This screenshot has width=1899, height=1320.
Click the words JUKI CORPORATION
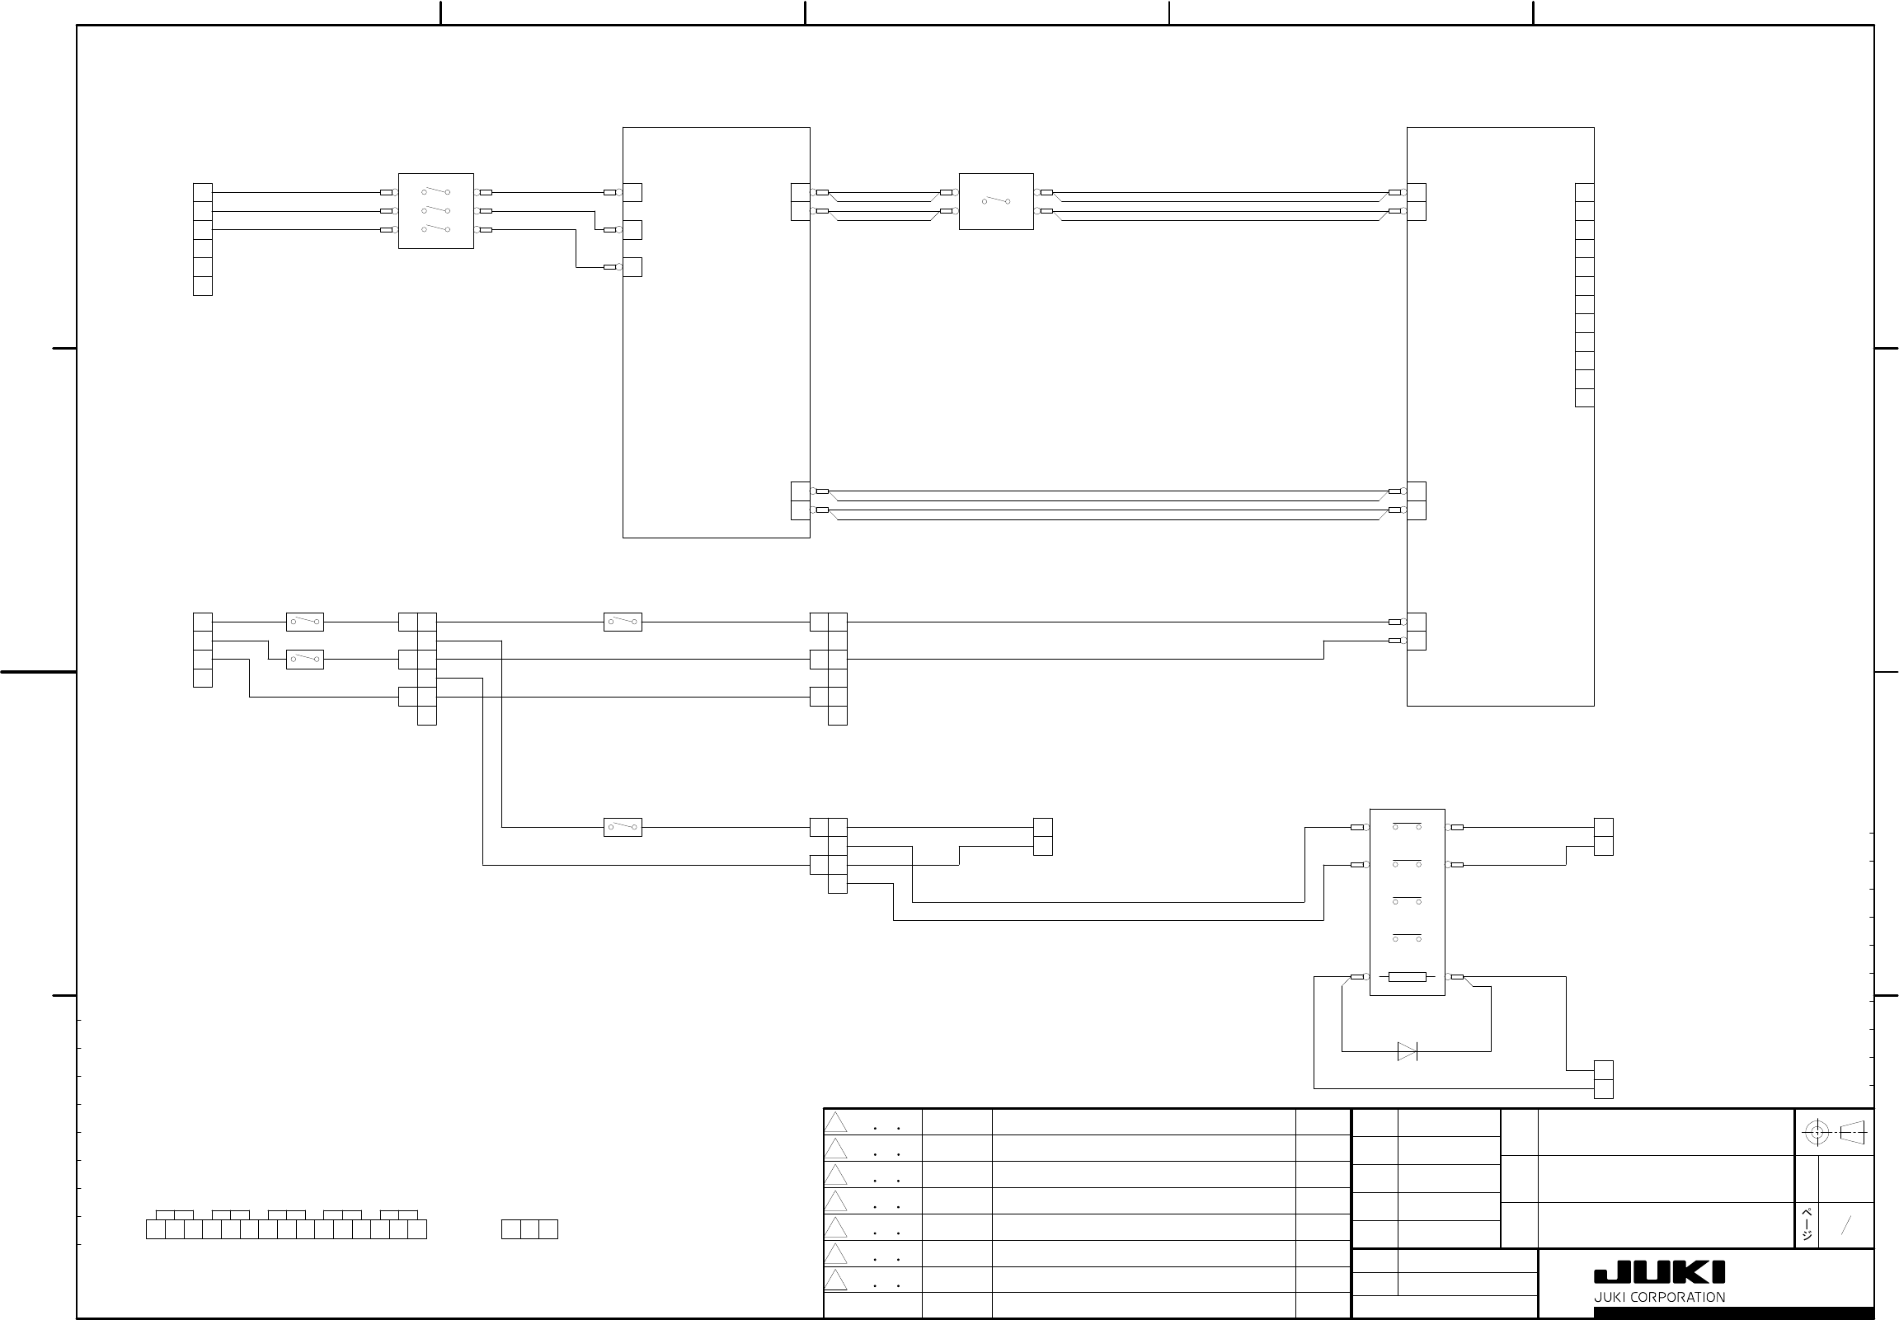tap(1659, 1297)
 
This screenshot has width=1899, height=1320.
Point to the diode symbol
tap(1407, 1051)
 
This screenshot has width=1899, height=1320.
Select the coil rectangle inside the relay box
tap(1407, 977)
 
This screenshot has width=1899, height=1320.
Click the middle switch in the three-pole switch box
tap(436, 211)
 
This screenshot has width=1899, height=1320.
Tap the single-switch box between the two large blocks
tap(996, 201)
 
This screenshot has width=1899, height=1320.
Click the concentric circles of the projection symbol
tap(1817, 1132)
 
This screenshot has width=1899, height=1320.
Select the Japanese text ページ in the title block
tap(1807, 1225)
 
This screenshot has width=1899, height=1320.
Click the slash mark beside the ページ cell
tap(1845, 1225)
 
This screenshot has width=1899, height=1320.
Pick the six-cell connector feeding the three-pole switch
tap(203, 239)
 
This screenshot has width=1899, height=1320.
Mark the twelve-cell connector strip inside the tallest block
tap(1584, 294)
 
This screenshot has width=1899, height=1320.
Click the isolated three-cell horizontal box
tap(529, 1229)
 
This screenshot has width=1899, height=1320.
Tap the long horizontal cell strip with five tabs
tap(286, 1229)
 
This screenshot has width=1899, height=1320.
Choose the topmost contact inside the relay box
tap(1407, 826)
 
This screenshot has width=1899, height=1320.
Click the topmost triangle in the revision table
tap(835, 1122)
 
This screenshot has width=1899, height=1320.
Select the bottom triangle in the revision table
tap(835, 1280)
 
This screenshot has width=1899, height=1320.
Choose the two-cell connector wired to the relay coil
tap(1603, 1079)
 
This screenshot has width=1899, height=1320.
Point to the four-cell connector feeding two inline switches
tap(203, 650)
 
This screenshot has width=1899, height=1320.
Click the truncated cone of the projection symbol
tap(1853, 1132)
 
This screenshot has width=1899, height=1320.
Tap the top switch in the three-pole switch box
tap(436, 192)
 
